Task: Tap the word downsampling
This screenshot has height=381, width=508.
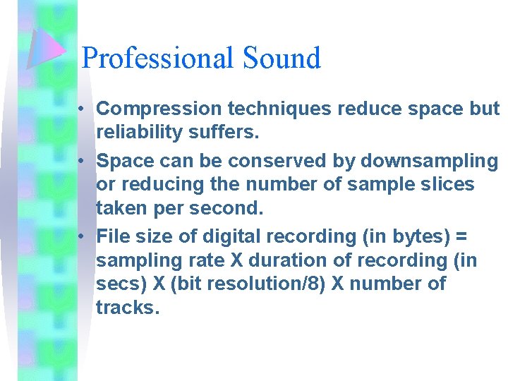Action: pyautogui.click(x=430, y=161)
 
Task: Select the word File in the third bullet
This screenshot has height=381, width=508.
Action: pyautogui.click(x=113, y=236)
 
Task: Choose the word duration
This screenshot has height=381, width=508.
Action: pyautogui.click(x=284, y=260)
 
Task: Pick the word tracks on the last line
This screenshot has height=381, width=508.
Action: pyautogui.click(x=124, y=308)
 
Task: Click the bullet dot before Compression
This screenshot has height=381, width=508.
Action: pyautogui.click(x=83, y=109)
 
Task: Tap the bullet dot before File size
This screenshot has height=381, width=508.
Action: pyautogui.click(x=83, y=236)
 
